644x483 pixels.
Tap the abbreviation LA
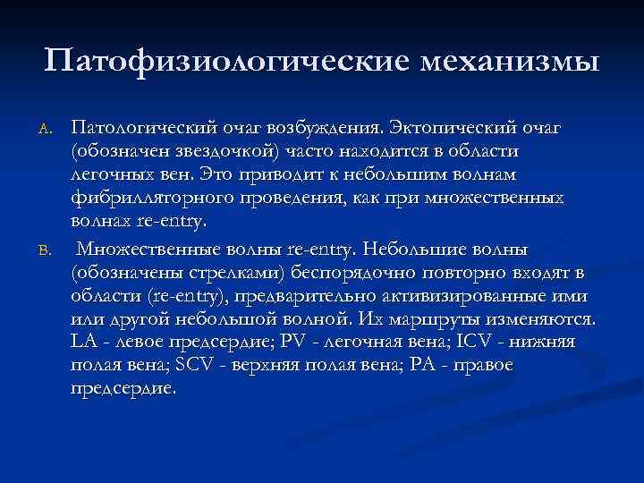(82, 342)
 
